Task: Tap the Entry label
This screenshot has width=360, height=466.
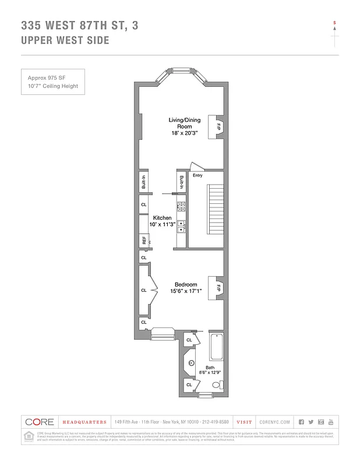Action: (x=197, y=175)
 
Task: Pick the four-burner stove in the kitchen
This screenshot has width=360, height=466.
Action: (x=181, y=205)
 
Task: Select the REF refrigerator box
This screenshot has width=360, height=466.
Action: (x=143, y=239)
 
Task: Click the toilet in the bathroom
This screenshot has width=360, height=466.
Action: (x=216, y=384)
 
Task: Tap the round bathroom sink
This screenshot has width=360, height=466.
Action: (x=190, y=362)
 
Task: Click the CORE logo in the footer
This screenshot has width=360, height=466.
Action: (x=40, y=422)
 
